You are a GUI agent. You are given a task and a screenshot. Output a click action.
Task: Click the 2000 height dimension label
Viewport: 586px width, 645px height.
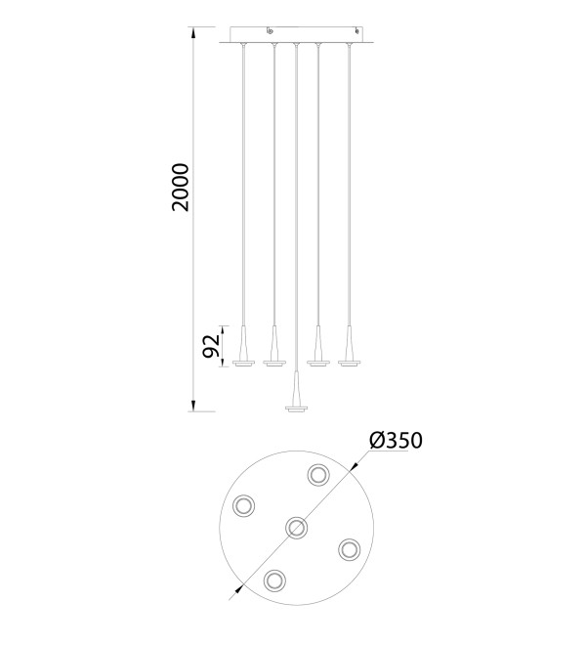point(181,188)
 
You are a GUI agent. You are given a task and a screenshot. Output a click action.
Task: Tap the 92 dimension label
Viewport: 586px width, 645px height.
point(212,346)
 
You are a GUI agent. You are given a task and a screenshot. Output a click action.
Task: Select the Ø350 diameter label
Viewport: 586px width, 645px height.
point(396,440)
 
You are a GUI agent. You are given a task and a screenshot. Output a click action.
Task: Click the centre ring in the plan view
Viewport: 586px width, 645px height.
point(296,528)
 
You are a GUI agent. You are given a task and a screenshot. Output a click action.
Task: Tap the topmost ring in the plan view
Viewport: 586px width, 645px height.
point(318,475)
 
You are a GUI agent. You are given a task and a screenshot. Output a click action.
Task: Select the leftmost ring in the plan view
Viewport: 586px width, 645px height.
point(243,505)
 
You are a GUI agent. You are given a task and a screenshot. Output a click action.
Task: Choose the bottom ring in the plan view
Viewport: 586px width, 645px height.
point(274,580)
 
